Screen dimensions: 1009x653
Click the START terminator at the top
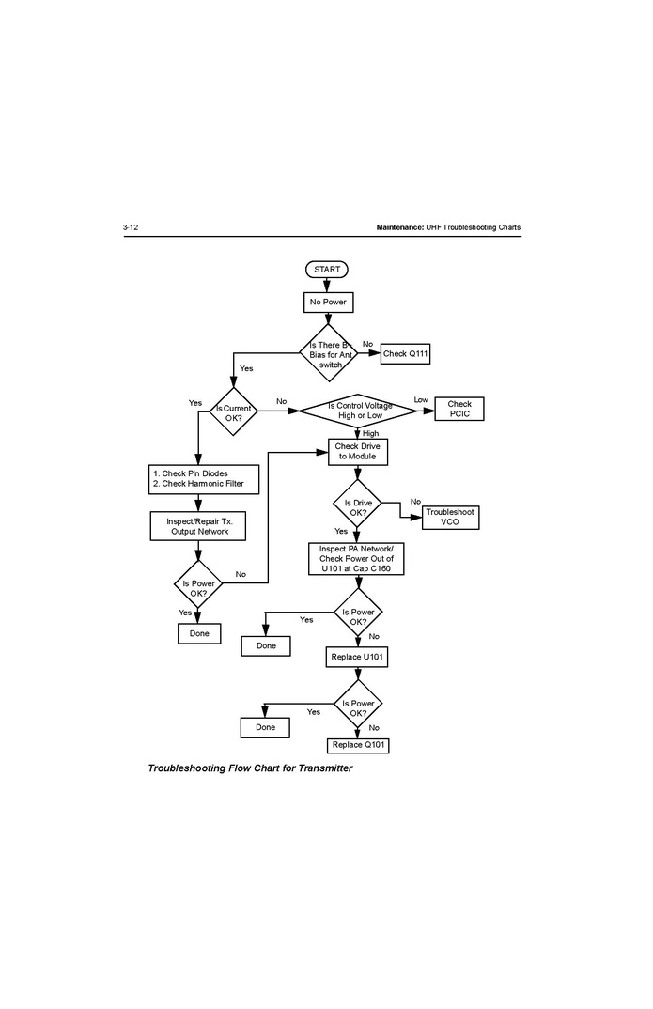tap(327, 270)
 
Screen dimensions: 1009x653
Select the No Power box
tap(327, 303)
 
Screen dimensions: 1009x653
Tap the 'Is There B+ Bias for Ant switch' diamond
tap(329, 353)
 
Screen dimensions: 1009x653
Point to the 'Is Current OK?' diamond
tap(233, 411)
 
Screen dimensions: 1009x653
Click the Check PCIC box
tap(459, 410)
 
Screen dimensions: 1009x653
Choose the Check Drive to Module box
tap(357, 451)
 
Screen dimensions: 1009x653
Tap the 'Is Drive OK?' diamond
tap(357, 503)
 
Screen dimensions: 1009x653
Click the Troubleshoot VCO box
tap(450, 517)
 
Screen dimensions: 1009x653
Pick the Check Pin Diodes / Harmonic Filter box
tap(198, 478)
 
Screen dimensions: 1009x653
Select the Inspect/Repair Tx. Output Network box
tap(197, 526)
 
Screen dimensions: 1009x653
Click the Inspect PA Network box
tap(356, 558)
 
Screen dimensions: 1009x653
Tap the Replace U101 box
tap(357, 658)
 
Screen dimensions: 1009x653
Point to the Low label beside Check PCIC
tap(421, 400)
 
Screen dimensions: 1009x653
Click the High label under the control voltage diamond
tap(370, 433)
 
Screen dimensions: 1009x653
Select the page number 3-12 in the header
tap(131, 228)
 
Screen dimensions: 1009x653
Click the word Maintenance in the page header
tap(398, 228)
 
